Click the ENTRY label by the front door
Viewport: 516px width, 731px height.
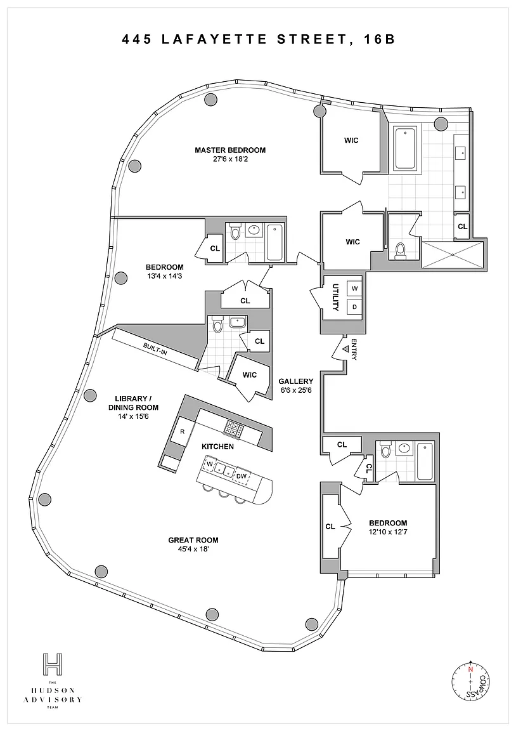tap(354, 349)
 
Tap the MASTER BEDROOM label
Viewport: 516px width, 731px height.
tap(230, 150)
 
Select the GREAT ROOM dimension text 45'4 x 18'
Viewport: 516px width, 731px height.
tap(189, 550)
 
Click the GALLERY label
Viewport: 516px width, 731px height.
tap(295, 381)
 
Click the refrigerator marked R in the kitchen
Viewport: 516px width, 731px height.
tap(183, 431)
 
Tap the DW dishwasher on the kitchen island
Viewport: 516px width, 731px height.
tap(242, 475)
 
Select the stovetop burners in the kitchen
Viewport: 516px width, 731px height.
tap(235, 430)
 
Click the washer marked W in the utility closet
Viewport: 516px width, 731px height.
tap(354, 289)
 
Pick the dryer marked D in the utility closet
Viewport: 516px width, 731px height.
tap(354, 307)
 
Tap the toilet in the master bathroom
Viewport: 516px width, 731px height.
tap(400, 252)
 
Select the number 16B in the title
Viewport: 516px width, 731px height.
tap(380, 39)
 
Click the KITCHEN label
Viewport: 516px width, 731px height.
tap(218, 447)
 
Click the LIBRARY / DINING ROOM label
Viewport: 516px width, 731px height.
tap(133, 403)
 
